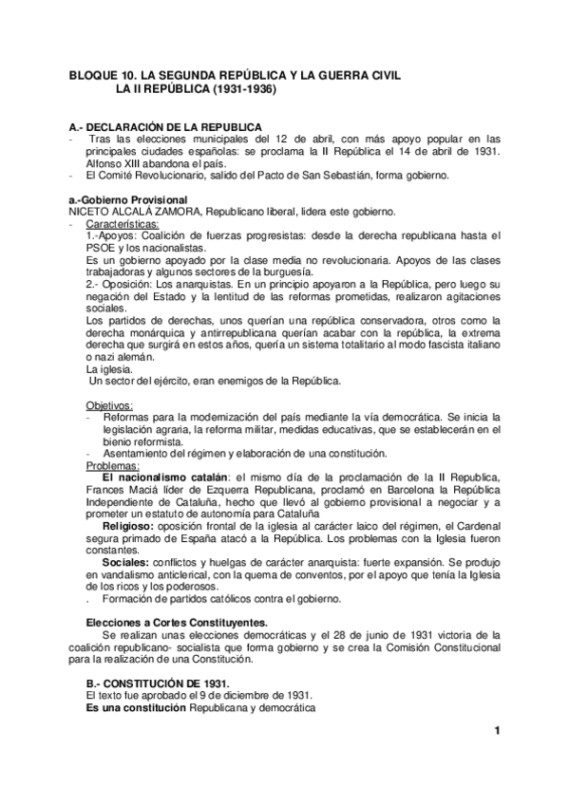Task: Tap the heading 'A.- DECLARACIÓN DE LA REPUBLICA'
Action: [167, 127]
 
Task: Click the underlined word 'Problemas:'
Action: [112, 465]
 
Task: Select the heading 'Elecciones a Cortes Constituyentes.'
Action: [163, 621]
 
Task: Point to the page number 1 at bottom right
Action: [496, 757]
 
